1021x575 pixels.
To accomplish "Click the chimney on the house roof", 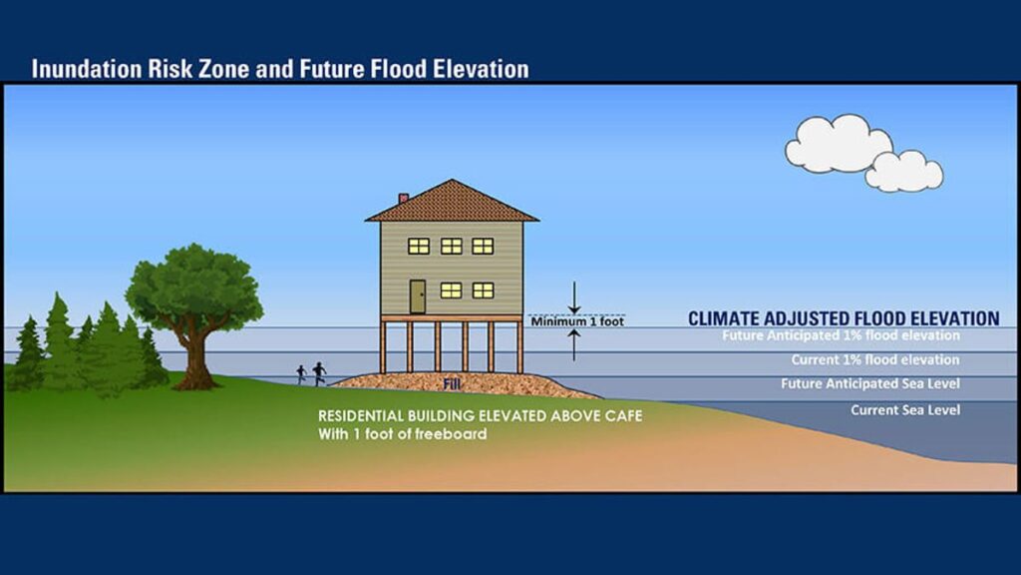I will coord(403,199).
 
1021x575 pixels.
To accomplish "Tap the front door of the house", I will coord(418,295).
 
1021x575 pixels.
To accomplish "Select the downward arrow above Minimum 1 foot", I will coord(574,295).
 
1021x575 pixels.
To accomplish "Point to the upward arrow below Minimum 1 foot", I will coord(574,345).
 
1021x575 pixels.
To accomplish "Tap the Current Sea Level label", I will coord(905,410).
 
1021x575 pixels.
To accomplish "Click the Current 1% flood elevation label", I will coord(875,359).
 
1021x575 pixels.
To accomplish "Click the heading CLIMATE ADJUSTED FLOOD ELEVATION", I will coord(844,318).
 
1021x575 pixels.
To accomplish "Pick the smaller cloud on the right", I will coord(903,171).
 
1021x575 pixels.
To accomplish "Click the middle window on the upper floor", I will coord(452,246).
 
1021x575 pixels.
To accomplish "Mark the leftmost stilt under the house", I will coord(382,347).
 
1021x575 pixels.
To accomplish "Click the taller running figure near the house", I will coord(319,373).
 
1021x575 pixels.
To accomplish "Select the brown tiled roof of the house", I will coord(452,203).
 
